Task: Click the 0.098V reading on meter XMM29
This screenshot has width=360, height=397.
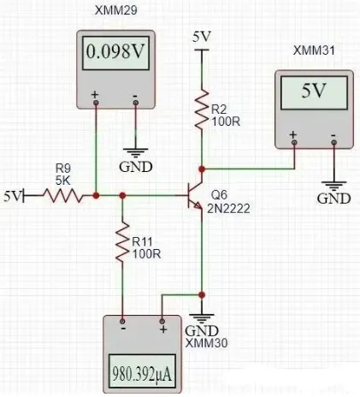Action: click(115, 51)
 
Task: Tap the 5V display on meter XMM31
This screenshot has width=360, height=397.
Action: click(314, 91)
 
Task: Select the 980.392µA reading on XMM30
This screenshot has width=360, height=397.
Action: click(142, 374)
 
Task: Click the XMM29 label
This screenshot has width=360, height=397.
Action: click(116, 10)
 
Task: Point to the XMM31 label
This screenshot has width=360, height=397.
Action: click(314, 50)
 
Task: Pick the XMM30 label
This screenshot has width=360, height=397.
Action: click(207, 343)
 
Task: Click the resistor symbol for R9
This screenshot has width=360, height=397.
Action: click(63, 196)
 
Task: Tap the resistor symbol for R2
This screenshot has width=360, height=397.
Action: click(202, 109)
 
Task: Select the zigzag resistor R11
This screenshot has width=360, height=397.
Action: click(122, 241)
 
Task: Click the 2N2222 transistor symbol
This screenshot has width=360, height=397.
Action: click(194, 196)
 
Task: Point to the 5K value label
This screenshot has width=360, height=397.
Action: click(62, 181)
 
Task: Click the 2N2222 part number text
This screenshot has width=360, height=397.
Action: click(228, 209)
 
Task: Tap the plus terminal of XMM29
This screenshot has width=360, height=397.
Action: click(96, 103)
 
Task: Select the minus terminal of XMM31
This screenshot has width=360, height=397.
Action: click(333, 142)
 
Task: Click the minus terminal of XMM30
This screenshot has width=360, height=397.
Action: click(122, 322)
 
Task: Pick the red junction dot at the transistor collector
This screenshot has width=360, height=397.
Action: click(202, 169)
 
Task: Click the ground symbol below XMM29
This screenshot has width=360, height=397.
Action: click(136, 153)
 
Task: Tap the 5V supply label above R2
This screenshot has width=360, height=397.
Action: click(202, 37)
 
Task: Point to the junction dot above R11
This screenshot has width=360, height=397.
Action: click(122, 196)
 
